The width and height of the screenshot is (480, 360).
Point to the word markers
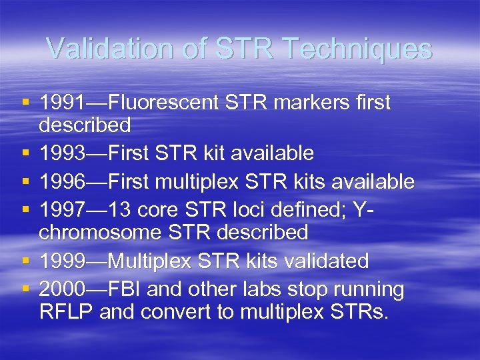304,103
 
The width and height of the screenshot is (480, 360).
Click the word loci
266,210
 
